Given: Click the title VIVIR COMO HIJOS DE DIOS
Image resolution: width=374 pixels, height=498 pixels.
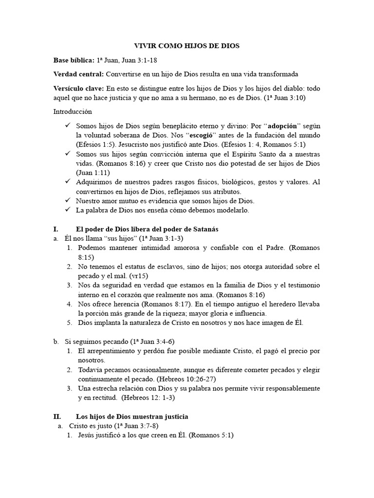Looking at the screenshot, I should [x=187, y=46].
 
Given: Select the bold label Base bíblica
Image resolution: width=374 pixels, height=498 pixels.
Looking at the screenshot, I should [x=74, y=60].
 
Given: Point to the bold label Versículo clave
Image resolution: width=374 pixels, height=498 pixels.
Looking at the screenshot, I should [x=78, y=88].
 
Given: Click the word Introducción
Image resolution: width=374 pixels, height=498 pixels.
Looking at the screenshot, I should [x=72, y=111].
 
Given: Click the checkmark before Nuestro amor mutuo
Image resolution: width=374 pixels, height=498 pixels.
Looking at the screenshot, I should [x=68, y=200].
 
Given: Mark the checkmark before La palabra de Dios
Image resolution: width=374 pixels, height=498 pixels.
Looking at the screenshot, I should [x=68, y=210].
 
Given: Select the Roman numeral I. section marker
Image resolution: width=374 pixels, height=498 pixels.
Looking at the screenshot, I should [x=56, y=229].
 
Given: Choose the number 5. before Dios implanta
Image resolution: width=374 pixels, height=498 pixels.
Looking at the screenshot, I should [x=70, y=322].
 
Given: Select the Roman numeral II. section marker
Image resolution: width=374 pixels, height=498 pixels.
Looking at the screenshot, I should [x=57, y=417].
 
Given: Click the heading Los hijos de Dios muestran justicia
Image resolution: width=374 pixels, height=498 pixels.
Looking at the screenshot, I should [x=132, y=417].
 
